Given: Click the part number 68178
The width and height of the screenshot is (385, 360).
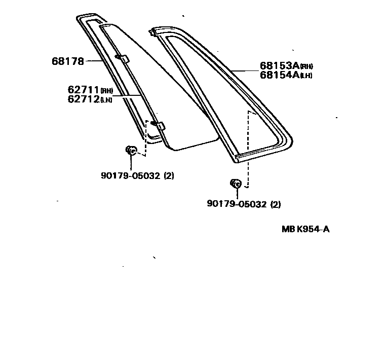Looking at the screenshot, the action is pyautogui.click(x=67, y=61).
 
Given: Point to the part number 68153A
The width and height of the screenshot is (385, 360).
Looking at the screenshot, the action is pyautogui.click(x=279, y=66).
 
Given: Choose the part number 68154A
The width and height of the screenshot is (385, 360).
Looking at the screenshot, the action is pyautogui.click(x=279, y=75).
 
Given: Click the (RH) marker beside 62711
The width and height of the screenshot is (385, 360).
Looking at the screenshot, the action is pyautogui.click(x=106, y=91).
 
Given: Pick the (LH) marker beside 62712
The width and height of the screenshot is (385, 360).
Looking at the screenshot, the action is pyautogui.click(x=106, y=100).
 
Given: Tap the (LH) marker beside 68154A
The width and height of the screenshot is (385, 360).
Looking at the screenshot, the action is pyautogui.click(x=306, y=77).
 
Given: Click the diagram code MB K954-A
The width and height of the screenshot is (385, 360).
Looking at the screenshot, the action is pyautogui.click(x=305, y=229).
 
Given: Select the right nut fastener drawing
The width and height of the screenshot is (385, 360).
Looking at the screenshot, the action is pyautogui.click(x=235, y=184).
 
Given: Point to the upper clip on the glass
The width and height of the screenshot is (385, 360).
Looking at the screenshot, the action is pyautogui.click(x=121, y=58).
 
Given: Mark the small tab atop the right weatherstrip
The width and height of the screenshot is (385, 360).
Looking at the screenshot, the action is pyautogui.click(x=152, y=32).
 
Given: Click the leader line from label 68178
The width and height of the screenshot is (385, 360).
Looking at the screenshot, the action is pyautogui.click(x=94, y=61).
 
